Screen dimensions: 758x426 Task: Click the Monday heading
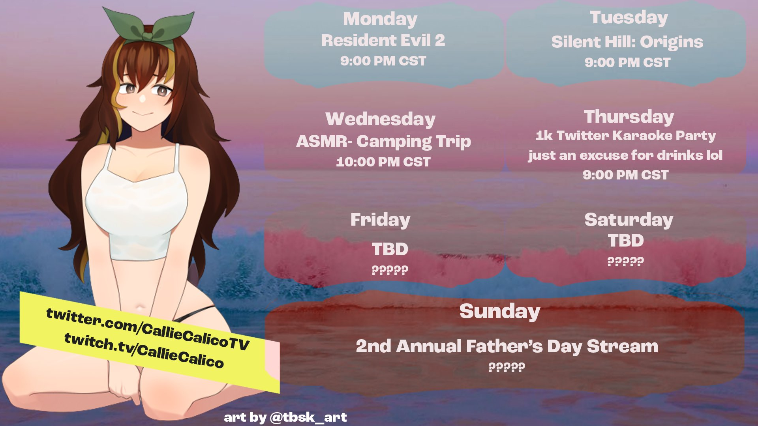click(x=380, y=19)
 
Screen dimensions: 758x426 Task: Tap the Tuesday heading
click(x=629, y=18)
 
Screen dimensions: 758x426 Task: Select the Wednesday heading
click(x=380, y=119)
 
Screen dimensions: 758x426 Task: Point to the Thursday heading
click(x=629, y=117)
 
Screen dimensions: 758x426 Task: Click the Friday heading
click(x=380, y=220)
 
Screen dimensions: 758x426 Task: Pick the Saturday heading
click(x=629, y=220)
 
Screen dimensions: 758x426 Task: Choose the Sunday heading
click(x=500, y=312)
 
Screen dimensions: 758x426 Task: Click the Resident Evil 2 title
click(x=383, y=40)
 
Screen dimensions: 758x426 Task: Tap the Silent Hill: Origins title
click(x=627, y=42)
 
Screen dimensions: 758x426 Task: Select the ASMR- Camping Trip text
click(x=383, y=141)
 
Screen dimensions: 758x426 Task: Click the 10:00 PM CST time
click(x=383, y=162)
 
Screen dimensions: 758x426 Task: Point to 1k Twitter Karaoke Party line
click(x=625, y=136)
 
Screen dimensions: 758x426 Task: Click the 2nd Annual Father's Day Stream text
click(x=507, y=346)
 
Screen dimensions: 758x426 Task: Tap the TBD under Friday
click(x=390, y=249)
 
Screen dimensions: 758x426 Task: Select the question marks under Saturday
click(x=625, y=261)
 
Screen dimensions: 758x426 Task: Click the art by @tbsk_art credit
click(x=285, y=417)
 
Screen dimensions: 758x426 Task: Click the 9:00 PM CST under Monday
click(x=383, y=61)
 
